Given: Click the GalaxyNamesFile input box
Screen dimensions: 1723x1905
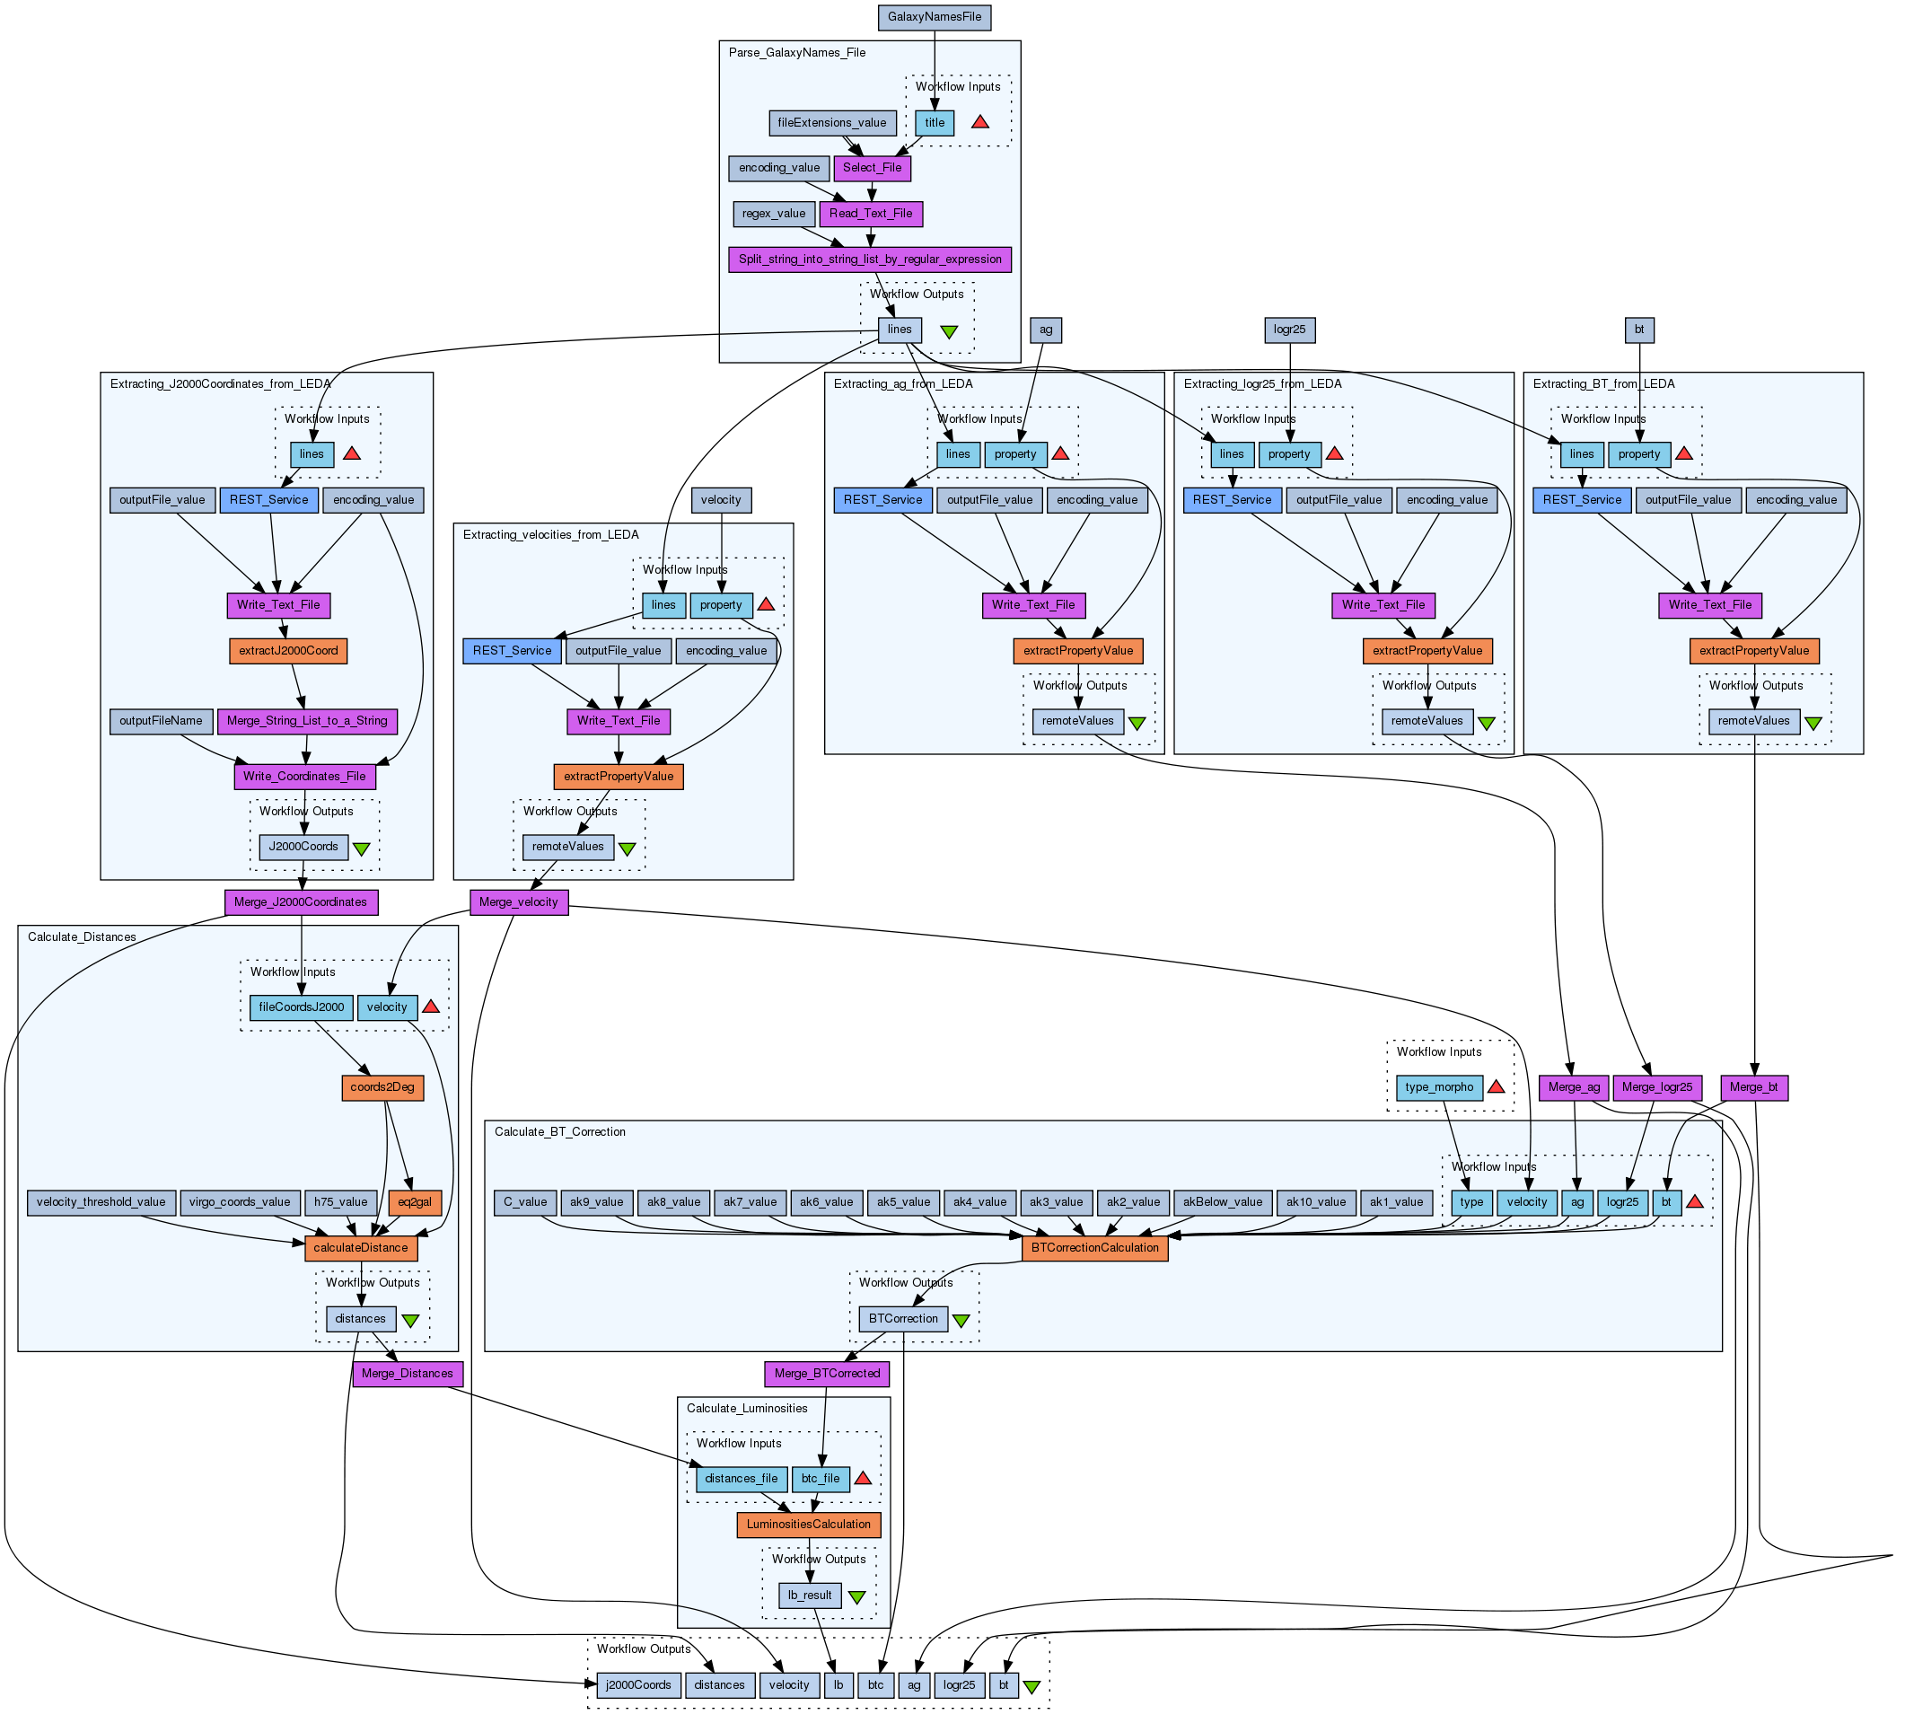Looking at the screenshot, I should coord(934,17).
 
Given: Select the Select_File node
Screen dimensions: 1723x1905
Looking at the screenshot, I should coord(871,168).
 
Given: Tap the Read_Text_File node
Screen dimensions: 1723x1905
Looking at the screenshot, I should coord(870,214).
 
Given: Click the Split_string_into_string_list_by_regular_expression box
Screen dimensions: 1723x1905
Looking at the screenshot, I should coord(869,259).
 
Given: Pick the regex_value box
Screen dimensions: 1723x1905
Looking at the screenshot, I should coord(773,214).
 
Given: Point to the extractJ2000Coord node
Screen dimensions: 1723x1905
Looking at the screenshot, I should coord(287,651).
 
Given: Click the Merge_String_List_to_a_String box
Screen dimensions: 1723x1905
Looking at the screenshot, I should coord(306,721).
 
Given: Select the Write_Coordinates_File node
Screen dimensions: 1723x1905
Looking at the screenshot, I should coord(304,777).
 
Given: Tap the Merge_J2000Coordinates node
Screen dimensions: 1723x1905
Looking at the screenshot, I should coord(301,902).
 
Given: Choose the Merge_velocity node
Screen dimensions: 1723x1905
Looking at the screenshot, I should coord(518,902).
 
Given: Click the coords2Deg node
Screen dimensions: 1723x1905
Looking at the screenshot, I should coord(382,1088).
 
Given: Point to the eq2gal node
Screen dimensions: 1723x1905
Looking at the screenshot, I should coord(415,1203).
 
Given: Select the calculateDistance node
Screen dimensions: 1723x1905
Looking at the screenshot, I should coord(360,1249).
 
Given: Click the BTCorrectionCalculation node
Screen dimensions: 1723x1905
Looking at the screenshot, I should coord(1094,1249).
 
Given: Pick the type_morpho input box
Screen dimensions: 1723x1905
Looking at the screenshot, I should coord(1438,1088).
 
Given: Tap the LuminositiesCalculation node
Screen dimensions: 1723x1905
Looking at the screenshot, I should coord(808,1525).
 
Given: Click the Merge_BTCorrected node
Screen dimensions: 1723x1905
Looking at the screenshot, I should coord(826,1375).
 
